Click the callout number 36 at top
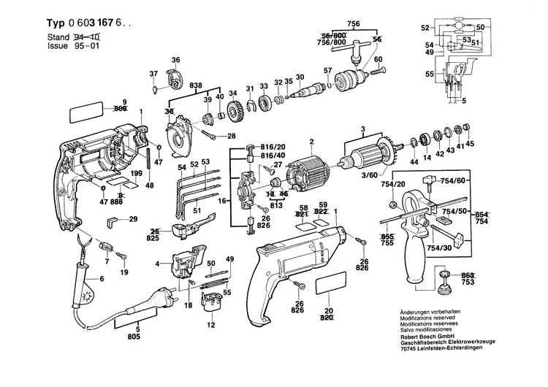click(x=175, y=59)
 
